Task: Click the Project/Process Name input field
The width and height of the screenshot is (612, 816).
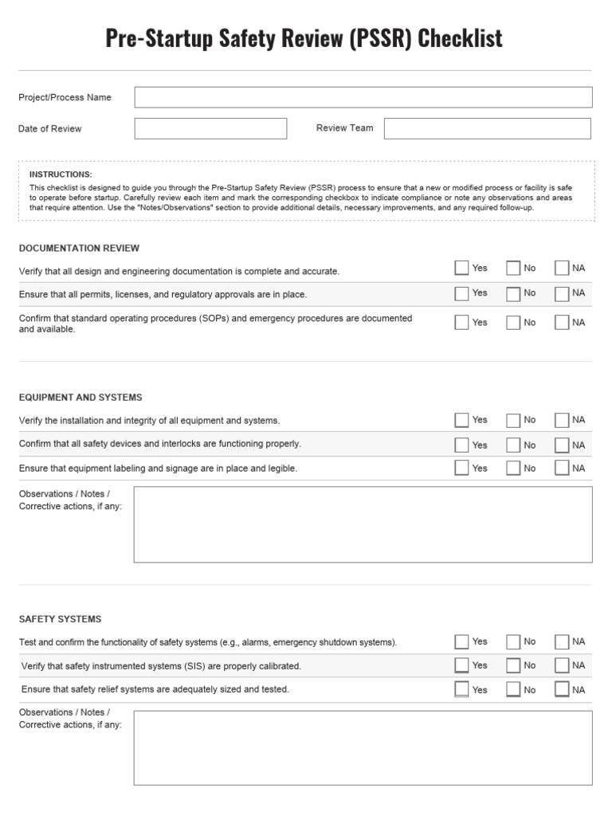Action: click(363, 97)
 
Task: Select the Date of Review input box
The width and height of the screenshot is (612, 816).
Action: click(210, 128)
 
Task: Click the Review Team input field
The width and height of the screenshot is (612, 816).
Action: click(488, 128)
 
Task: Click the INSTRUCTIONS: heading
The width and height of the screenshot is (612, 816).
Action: click(61, 174)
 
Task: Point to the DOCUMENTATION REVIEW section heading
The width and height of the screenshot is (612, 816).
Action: click(79, 248)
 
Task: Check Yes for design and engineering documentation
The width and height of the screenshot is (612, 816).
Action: click(461, 269)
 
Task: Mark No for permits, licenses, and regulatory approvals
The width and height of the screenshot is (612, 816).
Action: click(513, 293)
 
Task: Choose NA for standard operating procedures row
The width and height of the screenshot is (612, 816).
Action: click(562, 323)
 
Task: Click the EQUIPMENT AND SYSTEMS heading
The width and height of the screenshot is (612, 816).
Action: click(80, 397)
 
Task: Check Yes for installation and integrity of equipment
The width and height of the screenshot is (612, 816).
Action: click(461, 420)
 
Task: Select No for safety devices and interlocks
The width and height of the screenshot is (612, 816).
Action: click(513, 445)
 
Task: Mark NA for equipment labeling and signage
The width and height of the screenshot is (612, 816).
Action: click(562, 468)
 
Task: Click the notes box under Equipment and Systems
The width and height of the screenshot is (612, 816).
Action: click(363, 524)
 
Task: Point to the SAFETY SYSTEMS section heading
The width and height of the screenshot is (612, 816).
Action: click(60, 618)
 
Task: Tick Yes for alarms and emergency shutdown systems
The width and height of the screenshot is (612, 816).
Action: click(461, 641)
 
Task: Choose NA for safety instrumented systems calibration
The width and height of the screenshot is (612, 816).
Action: click(562, 665)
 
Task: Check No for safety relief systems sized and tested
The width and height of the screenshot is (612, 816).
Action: click(513, 689)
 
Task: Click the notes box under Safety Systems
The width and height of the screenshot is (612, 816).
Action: click(363, 747)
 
